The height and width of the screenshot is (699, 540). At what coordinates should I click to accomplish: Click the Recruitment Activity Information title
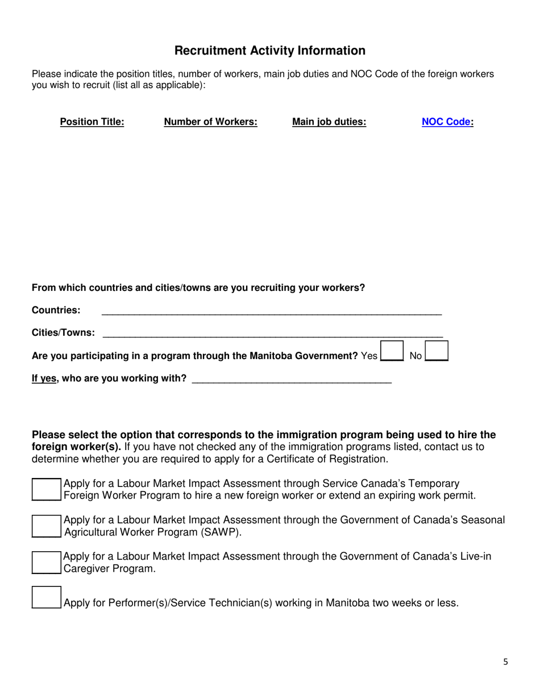269,51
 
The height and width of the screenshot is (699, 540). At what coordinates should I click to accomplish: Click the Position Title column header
92,122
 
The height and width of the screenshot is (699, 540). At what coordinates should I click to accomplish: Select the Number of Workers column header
210,122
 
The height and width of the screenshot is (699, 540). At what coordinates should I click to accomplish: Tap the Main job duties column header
329,122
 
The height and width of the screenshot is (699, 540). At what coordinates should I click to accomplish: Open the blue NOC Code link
447,122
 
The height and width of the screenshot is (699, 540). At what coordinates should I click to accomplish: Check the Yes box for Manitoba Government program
391,351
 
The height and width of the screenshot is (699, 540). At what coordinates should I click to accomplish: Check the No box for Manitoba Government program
437,351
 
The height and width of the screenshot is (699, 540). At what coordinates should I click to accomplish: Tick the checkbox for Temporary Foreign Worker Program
45,489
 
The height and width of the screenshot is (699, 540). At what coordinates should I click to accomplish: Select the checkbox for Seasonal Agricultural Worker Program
45,526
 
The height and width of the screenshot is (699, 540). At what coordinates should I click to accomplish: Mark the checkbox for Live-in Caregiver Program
45,562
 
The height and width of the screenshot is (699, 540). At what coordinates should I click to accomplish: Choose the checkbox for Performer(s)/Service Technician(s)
45,598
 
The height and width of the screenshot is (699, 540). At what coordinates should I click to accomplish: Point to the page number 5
505,661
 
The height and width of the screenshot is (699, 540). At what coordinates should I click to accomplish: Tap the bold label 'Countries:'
56,310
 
